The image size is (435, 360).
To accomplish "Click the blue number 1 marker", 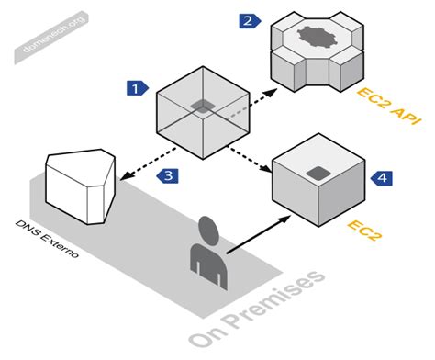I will (x=136, y=88).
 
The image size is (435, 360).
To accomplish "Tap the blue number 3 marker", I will (x=167, y=174).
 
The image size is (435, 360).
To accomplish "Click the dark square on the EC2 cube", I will (x=318, y=171).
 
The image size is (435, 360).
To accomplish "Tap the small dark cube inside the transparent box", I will (x=202, y=107).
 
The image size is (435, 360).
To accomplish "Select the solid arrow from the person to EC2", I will (x=258, y=234).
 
